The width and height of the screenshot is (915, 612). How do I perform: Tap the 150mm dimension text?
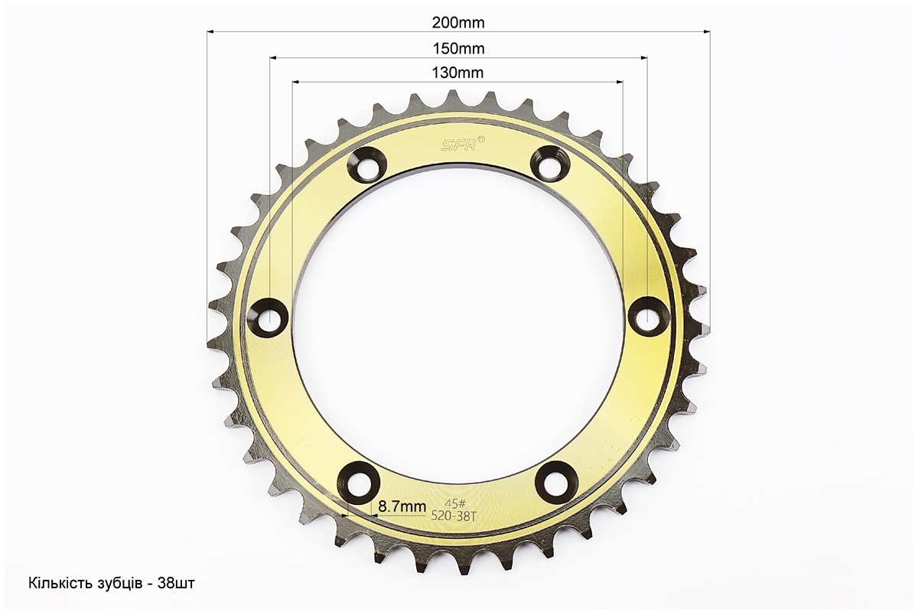pyautogui.click(x=458, y=48)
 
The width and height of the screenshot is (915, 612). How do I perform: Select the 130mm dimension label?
pyautogui.click(x=458, y=73)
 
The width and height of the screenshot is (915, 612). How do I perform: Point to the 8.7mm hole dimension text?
pyautogui.click(x=402, y=506)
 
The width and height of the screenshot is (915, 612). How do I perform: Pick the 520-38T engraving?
pyautogui.click(x=454, y=516)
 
